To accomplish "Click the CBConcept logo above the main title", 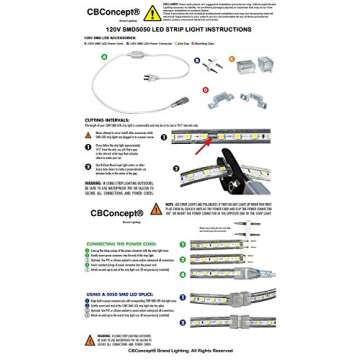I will (x=114, y=12).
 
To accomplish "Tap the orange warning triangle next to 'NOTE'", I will (x=156, y=209).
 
